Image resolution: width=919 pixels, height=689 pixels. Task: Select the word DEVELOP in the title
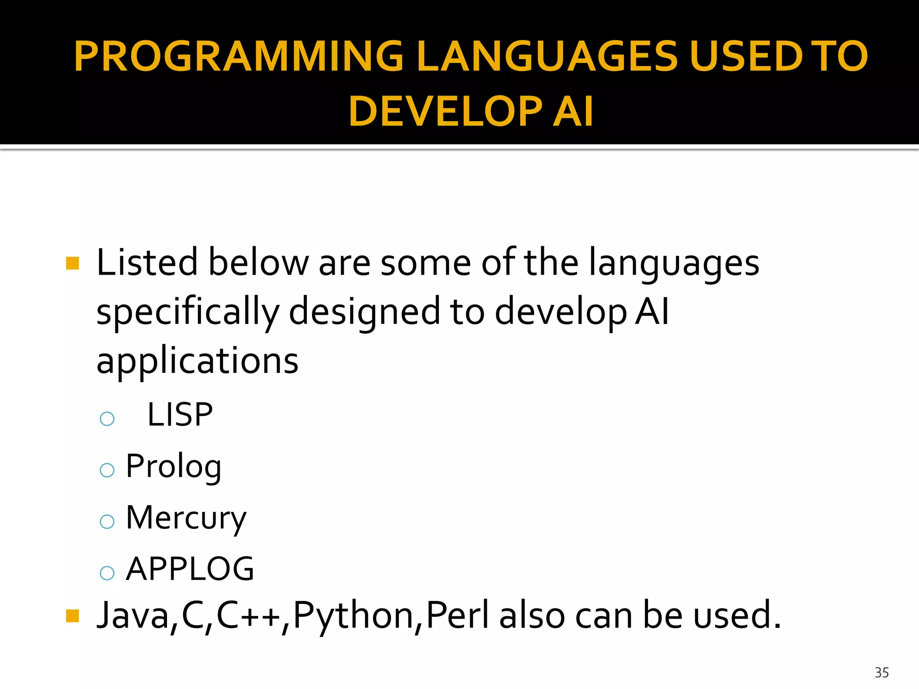pyautogui.click(x=445, y=111)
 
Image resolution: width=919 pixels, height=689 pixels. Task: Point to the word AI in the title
pyautogui.click(x=573, y=111)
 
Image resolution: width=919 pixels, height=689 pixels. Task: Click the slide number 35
pyautogui.click(x=881, y=672)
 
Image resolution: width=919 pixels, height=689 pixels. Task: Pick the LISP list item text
pyautogui.click(x=180, y=414)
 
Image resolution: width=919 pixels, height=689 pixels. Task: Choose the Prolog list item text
pyautogui.click(x=174, y=467)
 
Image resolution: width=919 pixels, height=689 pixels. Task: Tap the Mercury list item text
pyautogui.click(x=186, y=518)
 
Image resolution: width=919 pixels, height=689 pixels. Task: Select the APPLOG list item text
pyautogui.click(x=190, y=569)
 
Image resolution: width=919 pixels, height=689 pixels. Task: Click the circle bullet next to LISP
pyautogui.click(x=107, y=419)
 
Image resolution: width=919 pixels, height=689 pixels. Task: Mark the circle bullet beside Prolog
pyautogui.click(x=107, y=470)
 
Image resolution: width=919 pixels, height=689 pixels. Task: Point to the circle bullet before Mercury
pyautogui.click(x=107, y=521)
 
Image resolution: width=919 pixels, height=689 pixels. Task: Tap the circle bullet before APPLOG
pyautogui.click(x=107, y=573)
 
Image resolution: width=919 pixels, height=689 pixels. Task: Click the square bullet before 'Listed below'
pyautogui.click(x=72, y=263)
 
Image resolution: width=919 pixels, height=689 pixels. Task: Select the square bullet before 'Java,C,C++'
pyautogui.click(x=72, y=616)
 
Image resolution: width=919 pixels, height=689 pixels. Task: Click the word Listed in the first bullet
pyautogui.click(x=147, y=262)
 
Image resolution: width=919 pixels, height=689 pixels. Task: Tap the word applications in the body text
pyautogui.click(x=197, y=361)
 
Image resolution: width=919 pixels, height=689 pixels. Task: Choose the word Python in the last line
pyautogui.click(x=353, y=615)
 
